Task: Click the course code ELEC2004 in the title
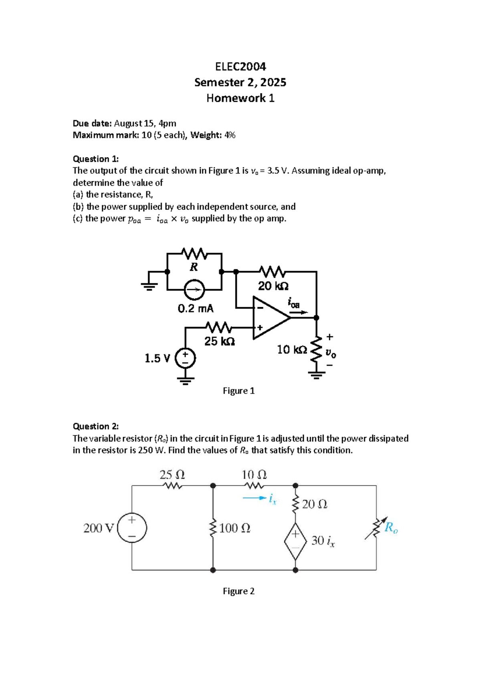click(240, 66)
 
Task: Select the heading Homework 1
click(240, 98)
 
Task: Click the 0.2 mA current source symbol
click(194, 290)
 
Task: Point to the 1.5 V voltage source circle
click(185, 358)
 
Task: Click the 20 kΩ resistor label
click(273, 286)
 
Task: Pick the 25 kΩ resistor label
click(219, 341)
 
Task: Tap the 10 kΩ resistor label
click(292, 350)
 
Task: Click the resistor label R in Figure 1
click(194, 267)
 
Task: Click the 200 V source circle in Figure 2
click(132, 528)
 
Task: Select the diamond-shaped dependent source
click(295, 541)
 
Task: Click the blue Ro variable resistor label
click(391, 528)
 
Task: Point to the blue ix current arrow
click(255, 499)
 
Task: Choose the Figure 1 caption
click(238, 391)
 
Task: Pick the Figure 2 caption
click(238, 591)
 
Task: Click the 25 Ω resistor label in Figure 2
click(172, 475)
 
